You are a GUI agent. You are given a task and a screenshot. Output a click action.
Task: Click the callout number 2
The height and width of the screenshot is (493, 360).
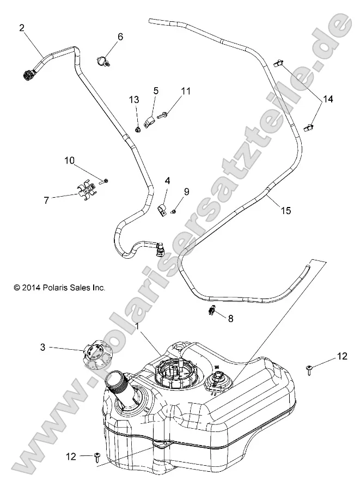(22, 27)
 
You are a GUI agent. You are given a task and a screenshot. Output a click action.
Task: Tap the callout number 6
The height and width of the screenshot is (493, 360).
(120, 36)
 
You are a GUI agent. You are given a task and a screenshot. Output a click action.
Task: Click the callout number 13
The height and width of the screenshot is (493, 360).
(134, 100)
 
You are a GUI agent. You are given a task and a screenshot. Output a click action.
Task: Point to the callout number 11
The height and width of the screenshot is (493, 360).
(186, 91)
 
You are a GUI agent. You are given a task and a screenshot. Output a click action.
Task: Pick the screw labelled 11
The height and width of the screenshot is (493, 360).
(162, 115)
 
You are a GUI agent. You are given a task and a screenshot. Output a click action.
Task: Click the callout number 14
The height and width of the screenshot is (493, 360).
(328, 99)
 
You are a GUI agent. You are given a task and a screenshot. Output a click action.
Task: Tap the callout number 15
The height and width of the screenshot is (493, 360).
(286, 210)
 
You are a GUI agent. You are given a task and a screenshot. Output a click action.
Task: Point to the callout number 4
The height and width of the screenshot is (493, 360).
(167, 180)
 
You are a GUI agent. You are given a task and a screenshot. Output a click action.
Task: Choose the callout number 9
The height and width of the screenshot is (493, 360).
(186, 191)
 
